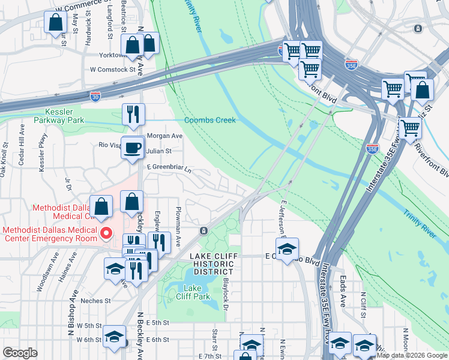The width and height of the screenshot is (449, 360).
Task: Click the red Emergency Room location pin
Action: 107,233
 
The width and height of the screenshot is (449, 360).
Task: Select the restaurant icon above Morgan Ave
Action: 133,113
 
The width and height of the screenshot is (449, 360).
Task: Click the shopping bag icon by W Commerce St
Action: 55,23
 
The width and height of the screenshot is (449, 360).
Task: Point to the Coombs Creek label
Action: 210,120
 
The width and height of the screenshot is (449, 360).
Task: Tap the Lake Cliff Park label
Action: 193,292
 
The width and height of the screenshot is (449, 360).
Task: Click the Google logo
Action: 20,352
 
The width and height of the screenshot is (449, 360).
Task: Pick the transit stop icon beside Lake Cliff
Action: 204,230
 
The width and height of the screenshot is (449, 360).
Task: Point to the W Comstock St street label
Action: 113,70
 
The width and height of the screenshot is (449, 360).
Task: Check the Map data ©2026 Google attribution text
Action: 412,355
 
